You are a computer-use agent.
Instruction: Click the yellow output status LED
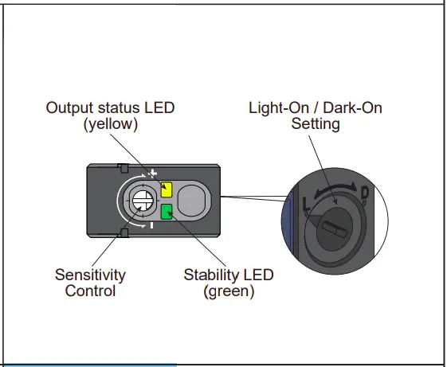pos(167,189)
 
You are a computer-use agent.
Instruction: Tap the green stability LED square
pos(167,212)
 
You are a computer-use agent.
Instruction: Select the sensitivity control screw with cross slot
pos(142,201)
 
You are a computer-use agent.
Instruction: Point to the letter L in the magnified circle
pos(308,205)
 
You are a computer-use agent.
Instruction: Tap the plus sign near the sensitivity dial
pos(153,173)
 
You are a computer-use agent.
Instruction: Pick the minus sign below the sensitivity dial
pos(151,226)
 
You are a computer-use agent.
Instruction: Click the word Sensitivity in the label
pos(90,275)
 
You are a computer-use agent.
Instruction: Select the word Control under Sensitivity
pos(90,291)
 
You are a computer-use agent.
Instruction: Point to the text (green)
pos(229,291)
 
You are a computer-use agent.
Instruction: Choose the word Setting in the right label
pos(316,123)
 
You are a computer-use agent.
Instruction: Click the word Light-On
pos(276,107)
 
